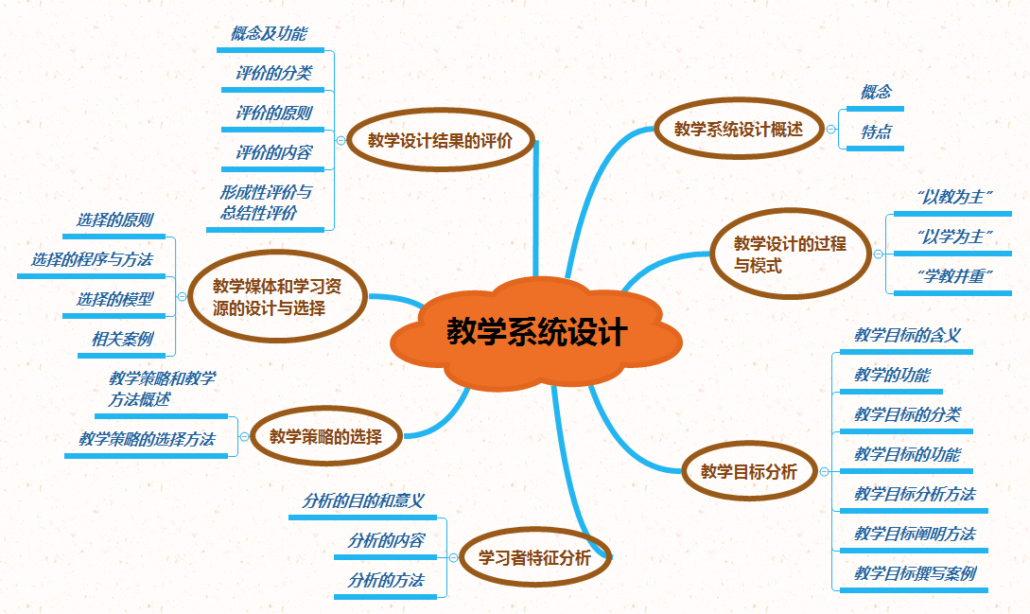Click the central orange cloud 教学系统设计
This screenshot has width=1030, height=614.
click(x=536, y=332)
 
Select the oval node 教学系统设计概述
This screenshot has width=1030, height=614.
click(x=738, y=130)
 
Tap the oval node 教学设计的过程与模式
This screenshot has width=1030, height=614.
click(x=790, y=254)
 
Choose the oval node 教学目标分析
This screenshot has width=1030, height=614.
click(x=748, y=471)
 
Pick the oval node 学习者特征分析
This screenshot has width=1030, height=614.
click(x=534, y=558)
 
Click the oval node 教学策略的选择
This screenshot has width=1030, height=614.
click(x=325, y=436)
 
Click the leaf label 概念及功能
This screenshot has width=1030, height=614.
click(x=269, y=34)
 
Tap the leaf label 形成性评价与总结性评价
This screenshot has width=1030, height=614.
click(x=266, y=202)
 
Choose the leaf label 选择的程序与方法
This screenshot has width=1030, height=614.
click(x=92, y=259)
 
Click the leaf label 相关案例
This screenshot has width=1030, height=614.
click(x=122, y=339)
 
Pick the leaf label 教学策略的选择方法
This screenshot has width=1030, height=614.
click(x=147, y=439)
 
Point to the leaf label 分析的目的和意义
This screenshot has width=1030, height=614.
click(x=362, y=500)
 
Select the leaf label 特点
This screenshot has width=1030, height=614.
click(x=876, y=132)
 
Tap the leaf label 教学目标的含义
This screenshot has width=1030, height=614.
click(x=907, y=334)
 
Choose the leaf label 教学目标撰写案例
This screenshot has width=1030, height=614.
click(x=915, y=573)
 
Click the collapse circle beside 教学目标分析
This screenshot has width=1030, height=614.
click(x=823, y=471)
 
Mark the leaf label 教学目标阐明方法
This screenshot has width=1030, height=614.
click(x=915, y=534)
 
